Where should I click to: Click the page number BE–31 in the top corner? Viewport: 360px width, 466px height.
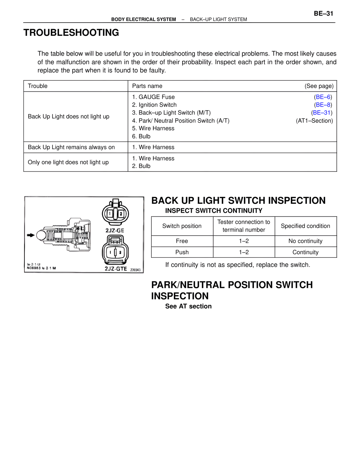tap(323, 14)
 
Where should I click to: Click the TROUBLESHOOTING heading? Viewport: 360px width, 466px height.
tap(71, 33)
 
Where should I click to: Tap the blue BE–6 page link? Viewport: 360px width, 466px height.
tap(323, 97)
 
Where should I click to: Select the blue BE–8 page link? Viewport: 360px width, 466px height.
tap(323, 105)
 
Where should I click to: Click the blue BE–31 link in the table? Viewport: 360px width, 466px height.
tap(322, 113)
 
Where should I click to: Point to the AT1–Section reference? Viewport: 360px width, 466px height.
tap(314, 121)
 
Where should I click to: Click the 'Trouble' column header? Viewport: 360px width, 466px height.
tap(38, 86)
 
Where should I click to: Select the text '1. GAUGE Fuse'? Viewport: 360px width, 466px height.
tap(154, 97)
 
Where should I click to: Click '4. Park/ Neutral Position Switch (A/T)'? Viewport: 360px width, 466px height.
tap(181, 121)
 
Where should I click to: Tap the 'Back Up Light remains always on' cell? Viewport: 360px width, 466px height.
tap(71, 147)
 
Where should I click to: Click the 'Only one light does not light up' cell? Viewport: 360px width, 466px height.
tap(68, 162)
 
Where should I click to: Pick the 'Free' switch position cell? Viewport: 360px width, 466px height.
tap(182, 241)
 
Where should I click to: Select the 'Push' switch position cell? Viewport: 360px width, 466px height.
tap(182, 252)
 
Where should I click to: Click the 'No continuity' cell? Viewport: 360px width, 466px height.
tap(305, 241)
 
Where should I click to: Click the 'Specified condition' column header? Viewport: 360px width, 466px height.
tap(305, 226)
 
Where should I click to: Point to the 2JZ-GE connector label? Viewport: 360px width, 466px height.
tap(115, 230)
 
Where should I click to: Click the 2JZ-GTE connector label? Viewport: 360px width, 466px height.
tap(116, 269)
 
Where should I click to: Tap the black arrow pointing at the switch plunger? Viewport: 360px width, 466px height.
tap(31, 235)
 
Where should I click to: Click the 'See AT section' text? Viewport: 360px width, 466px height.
tap(188, 306)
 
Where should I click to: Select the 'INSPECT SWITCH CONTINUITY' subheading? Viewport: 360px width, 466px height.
tap(214, 211)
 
